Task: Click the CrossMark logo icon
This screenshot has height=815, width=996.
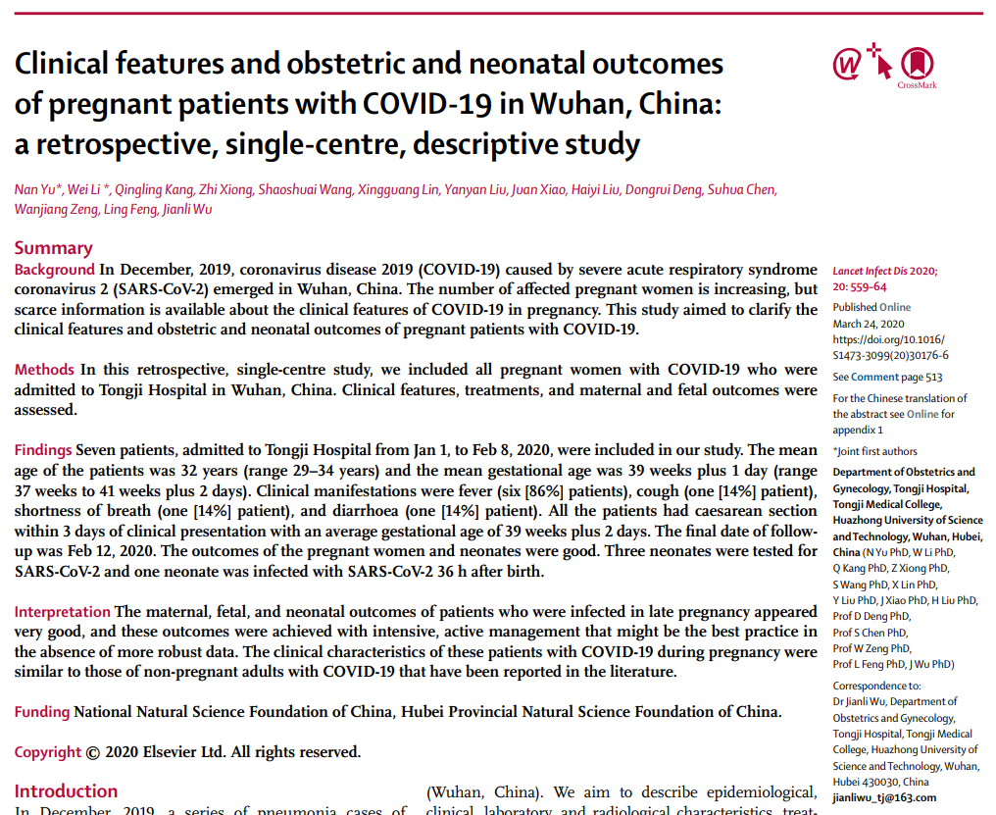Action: coord(916,64)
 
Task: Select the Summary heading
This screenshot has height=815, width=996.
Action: coord(53,248)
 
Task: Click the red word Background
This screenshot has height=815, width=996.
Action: coord(54,270)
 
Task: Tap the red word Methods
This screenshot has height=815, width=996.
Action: coord(44,370)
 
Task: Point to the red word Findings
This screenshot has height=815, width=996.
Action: coord(42,450)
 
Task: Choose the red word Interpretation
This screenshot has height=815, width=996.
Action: coord(62,612)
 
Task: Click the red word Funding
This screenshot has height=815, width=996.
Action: coord(42,712)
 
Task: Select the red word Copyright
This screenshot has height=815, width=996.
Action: coord(47,752)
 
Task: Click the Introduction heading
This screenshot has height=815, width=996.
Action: coord(66,791)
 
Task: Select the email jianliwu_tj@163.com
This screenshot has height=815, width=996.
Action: coord(884,797)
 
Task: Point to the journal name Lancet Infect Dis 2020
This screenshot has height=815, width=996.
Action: coord(884,271)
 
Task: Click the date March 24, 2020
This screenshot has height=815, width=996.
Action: coord(869,324)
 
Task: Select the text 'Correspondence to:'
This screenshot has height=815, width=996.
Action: coord(876,686)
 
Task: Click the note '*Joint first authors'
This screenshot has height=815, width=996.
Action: coord(875,451)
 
